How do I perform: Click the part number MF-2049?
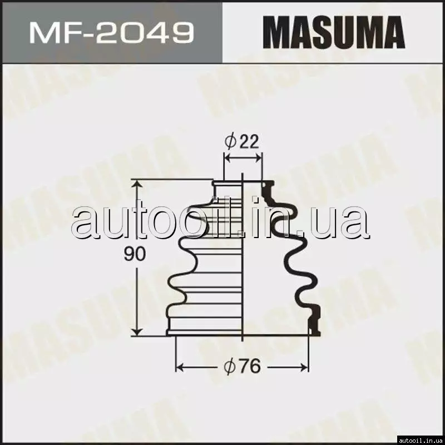(112, 33)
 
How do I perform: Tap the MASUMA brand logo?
(333, 32)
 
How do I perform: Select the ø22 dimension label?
(242, 141)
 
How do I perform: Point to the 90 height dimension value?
(135, 254)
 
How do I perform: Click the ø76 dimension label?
(242, 366)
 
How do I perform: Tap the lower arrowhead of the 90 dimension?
(137, 331)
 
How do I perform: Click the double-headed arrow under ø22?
(243, 157)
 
